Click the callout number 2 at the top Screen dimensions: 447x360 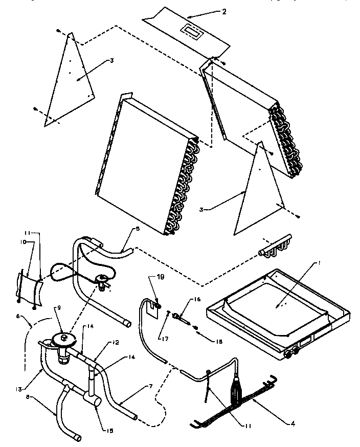pos(223,11)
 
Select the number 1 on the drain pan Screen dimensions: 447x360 pos(319,263)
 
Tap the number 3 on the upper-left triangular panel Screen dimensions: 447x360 pos(110,61)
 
